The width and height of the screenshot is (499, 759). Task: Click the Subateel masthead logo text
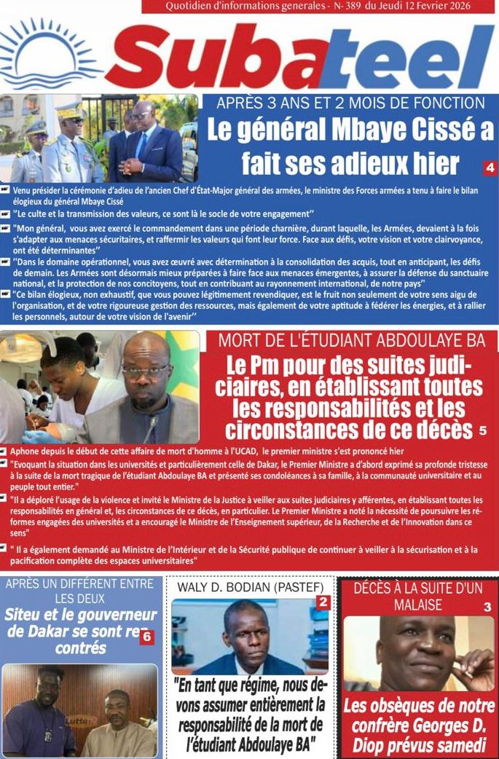pos(299,58)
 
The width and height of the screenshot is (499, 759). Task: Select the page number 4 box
pos(490,168)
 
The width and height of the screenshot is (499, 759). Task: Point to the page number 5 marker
pos(482,430)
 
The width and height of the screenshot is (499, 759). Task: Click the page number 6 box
pos(146,637)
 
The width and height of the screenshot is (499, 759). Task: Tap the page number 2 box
pos(323,602)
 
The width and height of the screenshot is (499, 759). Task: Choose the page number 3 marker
pos(487,607)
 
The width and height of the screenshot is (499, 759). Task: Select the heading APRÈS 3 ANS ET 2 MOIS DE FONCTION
pos(350,103)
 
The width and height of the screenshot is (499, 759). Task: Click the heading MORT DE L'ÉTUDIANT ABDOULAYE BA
pos(352,339)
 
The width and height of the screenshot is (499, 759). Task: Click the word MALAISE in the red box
pos(418,605)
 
